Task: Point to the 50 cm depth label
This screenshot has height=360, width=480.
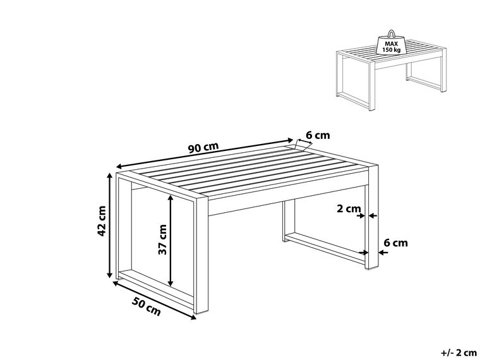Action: [147, 308]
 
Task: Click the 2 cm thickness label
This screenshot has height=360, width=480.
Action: [349, 208]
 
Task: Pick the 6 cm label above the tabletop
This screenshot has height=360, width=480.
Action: [318, 135]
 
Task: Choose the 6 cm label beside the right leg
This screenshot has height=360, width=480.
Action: [395, 243]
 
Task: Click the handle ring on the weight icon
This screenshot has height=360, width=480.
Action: [390, 33]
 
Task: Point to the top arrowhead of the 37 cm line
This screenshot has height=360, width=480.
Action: [171, 196]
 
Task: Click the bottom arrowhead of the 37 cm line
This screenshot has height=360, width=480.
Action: [171, 282]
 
